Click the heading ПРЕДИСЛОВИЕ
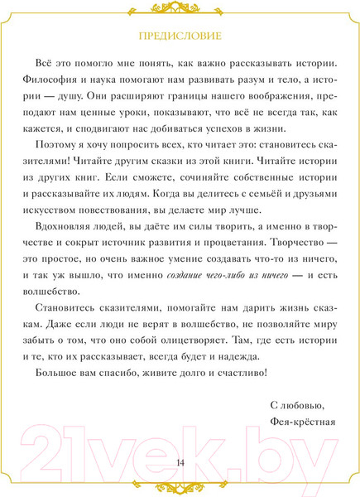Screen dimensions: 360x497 pyautogui.click(x=180, y=36)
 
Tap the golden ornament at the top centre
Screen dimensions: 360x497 pyautogui.click(x=180, y=9)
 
